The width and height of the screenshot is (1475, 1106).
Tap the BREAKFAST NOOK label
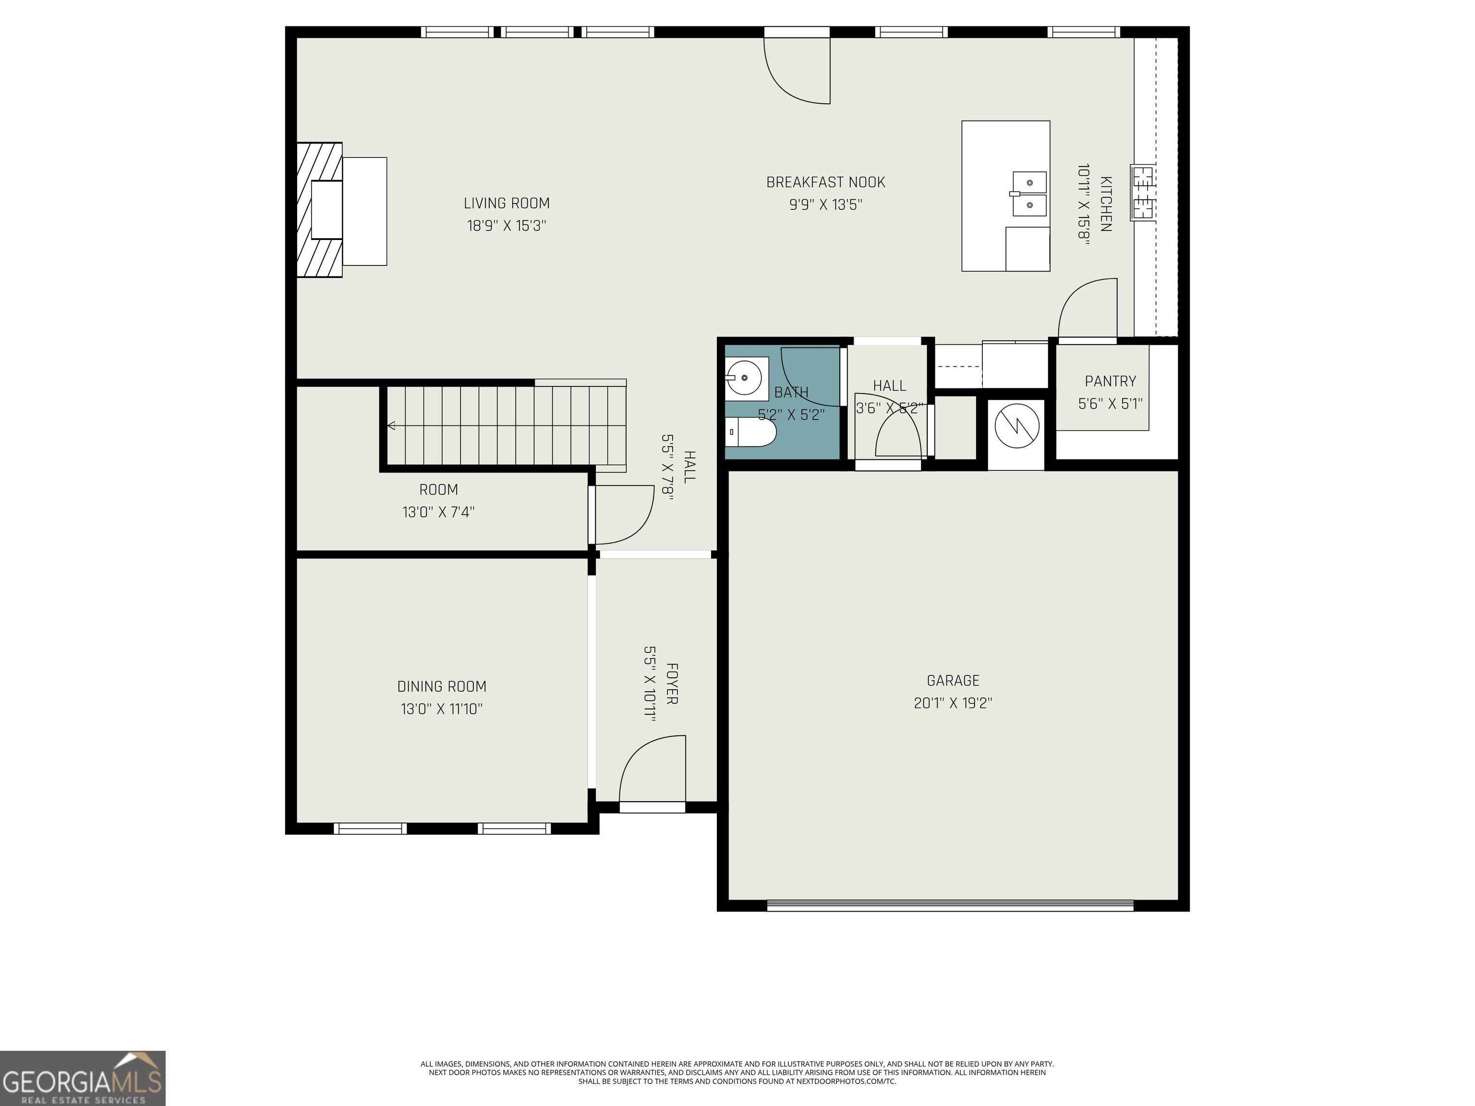tap(825, 182)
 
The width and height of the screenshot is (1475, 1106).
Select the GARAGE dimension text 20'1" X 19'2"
tap(953, 703)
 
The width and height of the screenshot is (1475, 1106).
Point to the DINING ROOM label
tap(441, 686)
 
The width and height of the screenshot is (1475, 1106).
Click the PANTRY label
tap(1110, 381)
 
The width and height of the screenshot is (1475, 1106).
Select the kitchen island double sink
tap(1029, 194)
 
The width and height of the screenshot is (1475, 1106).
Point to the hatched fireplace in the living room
tap(319, 209)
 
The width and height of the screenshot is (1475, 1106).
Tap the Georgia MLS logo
tap(83, 1078)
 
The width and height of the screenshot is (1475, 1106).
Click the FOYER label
tap(672, 684)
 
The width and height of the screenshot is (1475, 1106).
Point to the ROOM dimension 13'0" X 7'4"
tap(438, 512)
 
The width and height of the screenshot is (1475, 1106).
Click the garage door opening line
tap(950, 905)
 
